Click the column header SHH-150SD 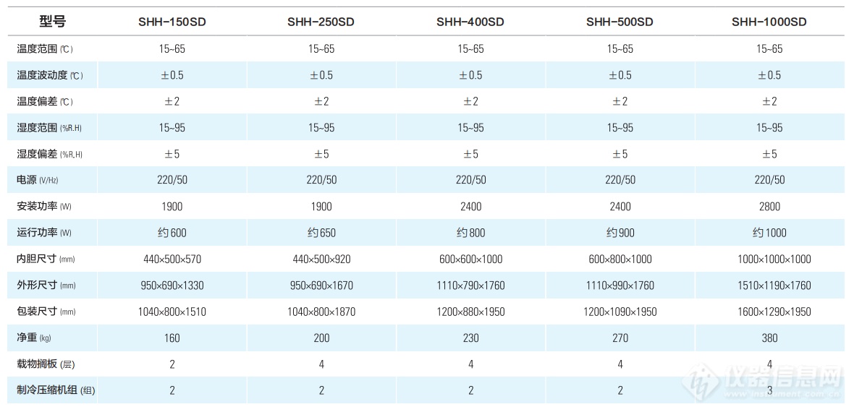click(172, 22)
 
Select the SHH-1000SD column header click(769, 22)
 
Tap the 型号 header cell click(52, 22)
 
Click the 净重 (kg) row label click(34, 338)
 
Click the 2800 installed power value click(769, 207)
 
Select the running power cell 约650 click(321, 233)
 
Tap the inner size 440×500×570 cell click(172, 259)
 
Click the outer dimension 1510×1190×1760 click(769, 286)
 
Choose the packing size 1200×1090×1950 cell click(620, 312)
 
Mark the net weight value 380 click(769, 338)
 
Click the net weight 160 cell click(172, 338)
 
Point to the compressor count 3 click(769, 391)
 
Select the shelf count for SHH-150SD click(172, 364)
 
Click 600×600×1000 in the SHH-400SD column click(470, 259)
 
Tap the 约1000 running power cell click(769, 233)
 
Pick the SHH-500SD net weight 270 click(620, 338)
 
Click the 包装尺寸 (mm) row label click(45, 312)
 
